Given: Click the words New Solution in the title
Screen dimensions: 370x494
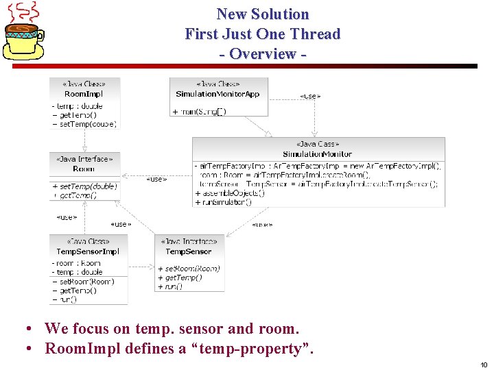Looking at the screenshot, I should (263, 14).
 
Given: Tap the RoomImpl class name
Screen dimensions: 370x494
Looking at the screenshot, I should (84, 94).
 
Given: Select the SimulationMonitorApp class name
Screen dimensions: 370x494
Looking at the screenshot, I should (217, 94).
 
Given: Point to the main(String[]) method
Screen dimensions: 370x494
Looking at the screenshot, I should (200, 111).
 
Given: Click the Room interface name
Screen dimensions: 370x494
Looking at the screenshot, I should (84, 169).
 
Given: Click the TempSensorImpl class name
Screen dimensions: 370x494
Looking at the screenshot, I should (88, 251).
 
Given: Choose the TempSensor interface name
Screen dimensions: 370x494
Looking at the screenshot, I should (189, 251).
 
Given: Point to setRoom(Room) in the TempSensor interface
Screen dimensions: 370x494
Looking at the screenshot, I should (189, 269).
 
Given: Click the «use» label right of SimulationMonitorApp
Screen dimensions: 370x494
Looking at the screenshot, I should (310, 97).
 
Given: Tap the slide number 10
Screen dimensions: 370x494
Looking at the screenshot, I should (483, 365).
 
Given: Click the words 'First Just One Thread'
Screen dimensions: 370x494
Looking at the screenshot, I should (263, 34).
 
